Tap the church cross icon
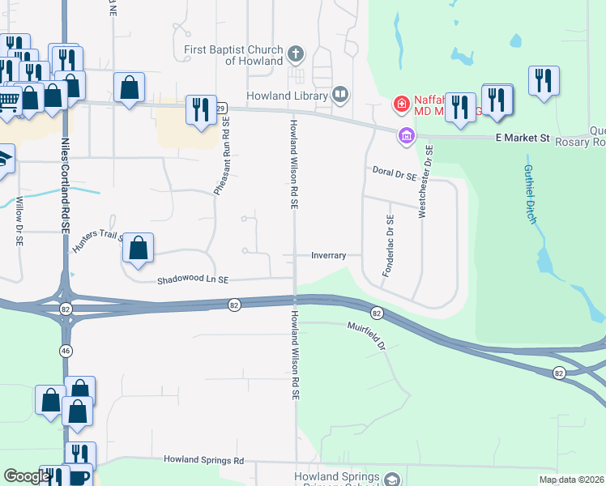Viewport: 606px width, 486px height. [296, 55]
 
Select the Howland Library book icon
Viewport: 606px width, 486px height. [341, 96]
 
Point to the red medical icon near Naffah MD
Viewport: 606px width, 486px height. [401, 104]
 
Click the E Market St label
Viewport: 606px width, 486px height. [523, 139]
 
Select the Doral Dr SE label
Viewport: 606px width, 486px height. [395, 172]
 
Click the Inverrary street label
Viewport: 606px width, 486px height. [329, 255]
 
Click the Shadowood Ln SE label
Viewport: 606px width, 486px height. [194, 279]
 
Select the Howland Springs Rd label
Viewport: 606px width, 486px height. [203, 460]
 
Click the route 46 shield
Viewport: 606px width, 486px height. [64, 350]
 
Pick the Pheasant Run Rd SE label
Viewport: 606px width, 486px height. [221, 154]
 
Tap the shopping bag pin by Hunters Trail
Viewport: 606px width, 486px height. [139, 249]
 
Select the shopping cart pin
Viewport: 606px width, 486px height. [8, 101]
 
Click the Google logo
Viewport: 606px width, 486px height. [27, 476]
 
